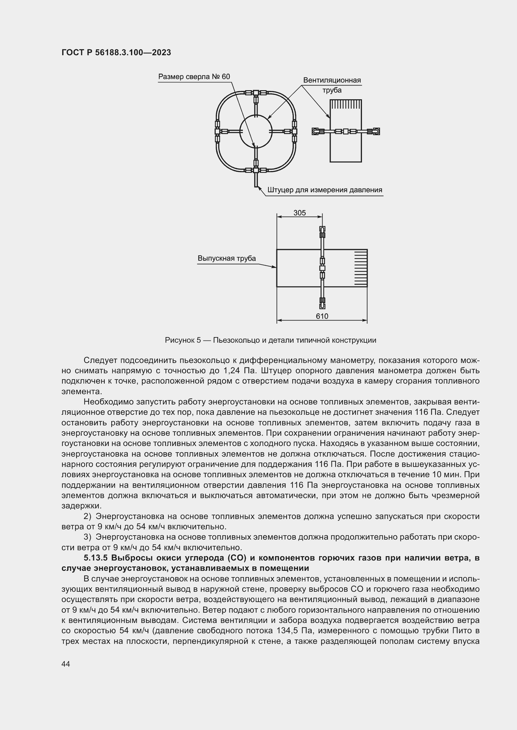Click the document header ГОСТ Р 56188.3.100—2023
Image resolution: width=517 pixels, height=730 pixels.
116,52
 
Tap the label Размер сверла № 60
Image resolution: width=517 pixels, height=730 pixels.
194,77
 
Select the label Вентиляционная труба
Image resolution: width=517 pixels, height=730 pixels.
332,85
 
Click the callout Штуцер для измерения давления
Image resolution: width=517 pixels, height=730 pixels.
325,190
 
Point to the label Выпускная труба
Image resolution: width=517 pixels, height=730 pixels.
227,258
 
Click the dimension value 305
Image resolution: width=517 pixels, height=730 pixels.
299,213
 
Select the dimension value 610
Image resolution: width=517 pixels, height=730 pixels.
322,316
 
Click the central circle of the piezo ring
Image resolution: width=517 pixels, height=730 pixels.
256,131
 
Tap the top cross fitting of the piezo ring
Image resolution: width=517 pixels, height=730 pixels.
256,93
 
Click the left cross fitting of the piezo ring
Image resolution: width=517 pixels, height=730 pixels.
217,131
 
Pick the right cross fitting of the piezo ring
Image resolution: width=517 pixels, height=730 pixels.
294,131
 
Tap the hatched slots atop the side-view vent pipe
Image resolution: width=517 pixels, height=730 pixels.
346,105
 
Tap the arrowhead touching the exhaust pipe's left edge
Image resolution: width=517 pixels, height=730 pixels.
274,267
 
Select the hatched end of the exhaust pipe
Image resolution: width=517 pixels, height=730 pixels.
361,268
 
